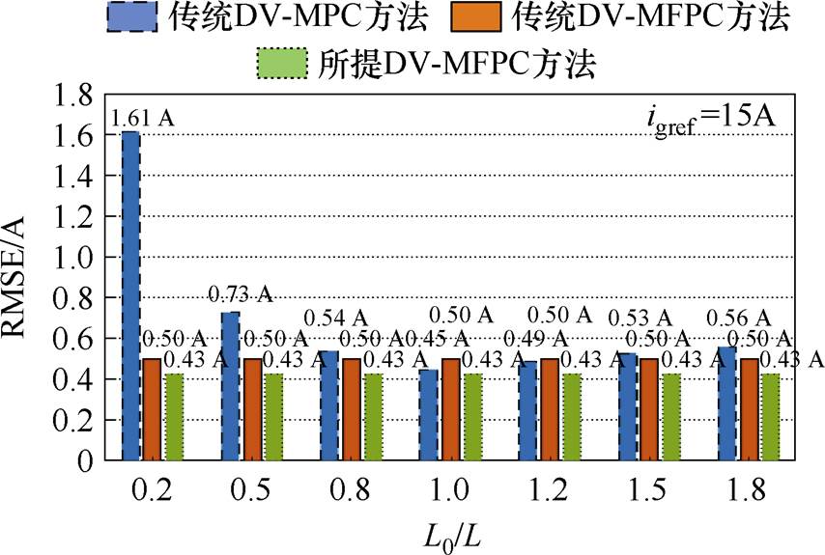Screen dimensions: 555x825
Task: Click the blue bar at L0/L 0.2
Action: pyautogui.click(x=130, y=295)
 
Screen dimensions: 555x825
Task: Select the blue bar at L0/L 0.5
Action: pyautogui.click(x=230, y=386)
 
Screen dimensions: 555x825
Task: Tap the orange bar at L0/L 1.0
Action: pyautogui.click(x=450, y=409)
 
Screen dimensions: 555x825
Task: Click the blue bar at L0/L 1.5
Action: pyautogui.click(x=628, y=406)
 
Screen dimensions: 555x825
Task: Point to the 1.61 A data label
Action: pyautogui.click(x=143, y=118)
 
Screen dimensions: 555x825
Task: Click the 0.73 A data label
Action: pyautogui.click(x=242, y=294)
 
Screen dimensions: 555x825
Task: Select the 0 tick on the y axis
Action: pyautogui.click(x=84, y=461)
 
